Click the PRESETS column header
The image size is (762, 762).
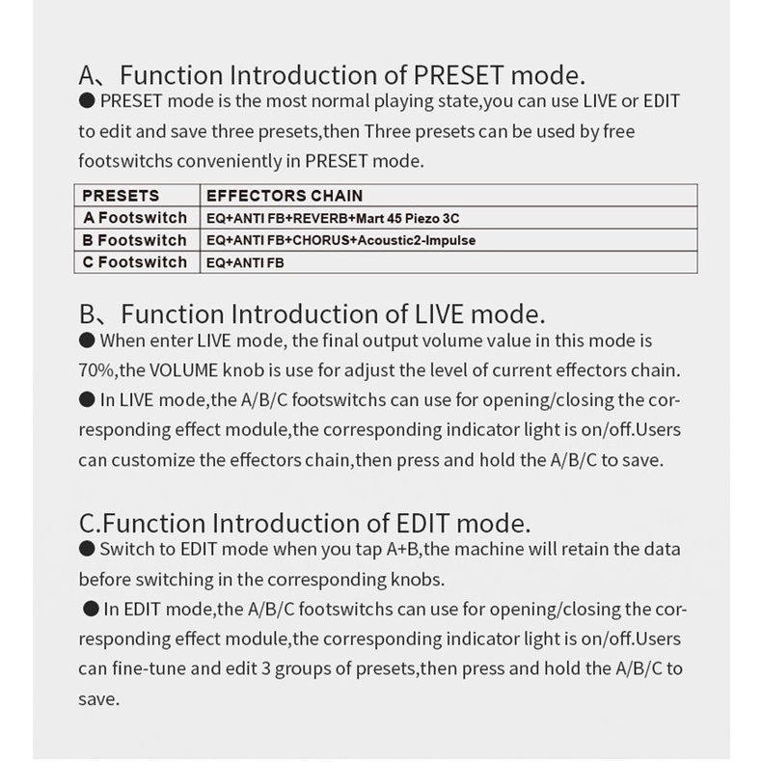click(122, 196)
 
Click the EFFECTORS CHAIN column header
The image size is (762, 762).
click(272, 196)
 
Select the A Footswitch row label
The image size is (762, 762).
click(135, 218)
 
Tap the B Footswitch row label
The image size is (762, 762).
click(135, 240)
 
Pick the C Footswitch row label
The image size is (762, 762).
click(135, 262)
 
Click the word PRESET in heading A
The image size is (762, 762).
click(459, 75)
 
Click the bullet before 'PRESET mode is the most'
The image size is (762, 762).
click(87, 100)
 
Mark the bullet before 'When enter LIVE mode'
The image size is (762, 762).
click(87, 340)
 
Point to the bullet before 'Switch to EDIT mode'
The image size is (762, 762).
click(87, 549)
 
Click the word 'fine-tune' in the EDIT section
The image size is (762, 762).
click(150, 668)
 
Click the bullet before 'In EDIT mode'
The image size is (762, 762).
click(92, 609)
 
